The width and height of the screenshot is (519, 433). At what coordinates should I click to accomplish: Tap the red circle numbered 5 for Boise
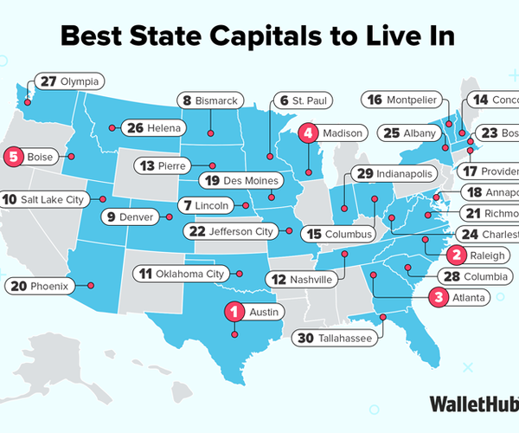pos(13,157)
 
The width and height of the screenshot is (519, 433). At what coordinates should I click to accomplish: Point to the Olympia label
pos(71,81)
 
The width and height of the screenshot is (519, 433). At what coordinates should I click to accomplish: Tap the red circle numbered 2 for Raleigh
pos(455,254)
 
